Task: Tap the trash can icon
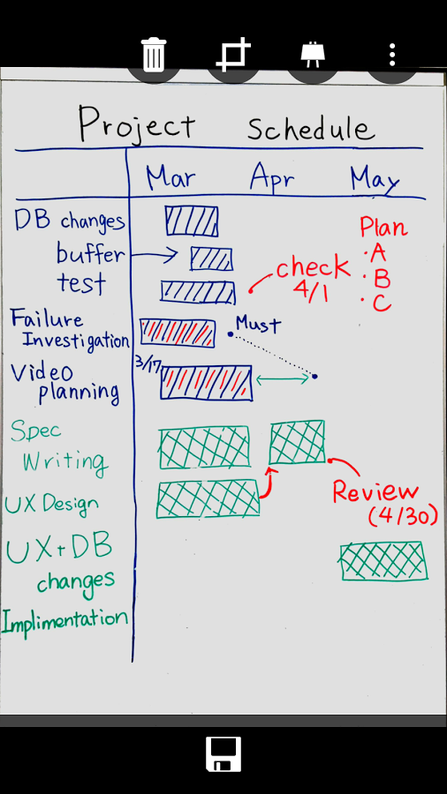[153, 55]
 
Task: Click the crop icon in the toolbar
[233, 54]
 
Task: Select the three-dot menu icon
[391, 55]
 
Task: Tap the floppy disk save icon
[223, 754]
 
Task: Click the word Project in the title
[136, 123]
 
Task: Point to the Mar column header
[170, 176]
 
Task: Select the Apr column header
[272, 178]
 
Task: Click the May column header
[375, 180]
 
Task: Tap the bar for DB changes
[192, 221]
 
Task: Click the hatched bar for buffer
[211, 258]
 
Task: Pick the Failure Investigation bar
[178, 333]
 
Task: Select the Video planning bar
[206, 383]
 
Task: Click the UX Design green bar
[208, 499]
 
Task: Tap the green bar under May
[383, 560]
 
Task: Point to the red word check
[313, 268]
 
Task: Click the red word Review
[375, 491]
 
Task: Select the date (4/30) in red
[403, 516]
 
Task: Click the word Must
[258, 324]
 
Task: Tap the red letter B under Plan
[381, 279]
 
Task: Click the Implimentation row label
[64, 621]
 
